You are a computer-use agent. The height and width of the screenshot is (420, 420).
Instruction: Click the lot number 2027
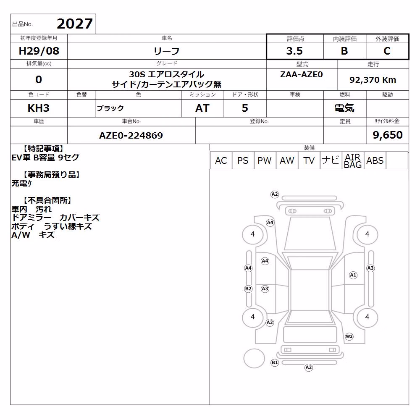point(75,24)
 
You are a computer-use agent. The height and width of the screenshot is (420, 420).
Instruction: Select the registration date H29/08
point(39,51)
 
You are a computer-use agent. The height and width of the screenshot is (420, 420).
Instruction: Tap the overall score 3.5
point(294,51)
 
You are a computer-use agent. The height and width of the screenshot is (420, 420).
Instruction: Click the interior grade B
point(344,51)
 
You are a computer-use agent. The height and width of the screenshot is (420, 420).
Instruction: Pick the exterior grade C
point(387,51)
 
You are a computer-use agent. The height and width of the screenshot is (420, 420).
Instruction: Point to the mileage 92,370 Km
point(373,80)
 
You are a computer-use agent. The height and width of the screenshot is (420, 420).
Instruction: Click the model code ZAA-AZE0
point(301,74)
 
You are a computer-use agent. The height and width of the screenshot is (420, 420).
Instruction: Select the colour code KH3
point(39,108)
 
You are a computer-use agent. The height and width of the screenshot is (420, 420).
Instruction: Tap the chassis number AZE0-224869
point(131,135)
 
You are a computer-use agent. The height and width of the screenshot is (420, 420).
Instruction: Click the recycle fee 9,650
point(388,135)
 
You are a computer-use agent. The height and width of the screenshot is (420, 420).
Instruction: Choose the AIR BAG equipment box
point(353,160)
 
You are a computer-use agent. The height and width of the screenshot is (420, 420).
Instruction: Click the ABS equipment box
point(375,160)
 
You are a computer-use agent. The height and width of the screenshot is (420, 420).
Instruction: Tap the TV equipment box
point(309,160)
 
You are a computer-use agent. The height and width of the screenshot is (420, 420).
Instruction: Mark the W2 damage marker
point(349,336)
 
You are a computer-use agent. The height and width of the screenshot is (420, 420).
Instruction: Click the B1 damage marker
point(275,363)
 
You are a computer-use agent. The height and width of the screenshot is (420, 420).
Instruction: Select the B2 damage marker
point(248,289)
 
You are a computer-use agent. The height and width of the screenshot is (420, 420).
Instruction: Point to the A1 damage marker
point(353,275)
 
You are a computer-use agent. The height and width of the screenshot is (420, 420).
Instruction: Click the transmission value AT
point(202,108)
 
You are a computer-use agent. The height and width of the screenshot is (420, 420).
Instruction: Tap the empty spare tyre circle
point(254,358)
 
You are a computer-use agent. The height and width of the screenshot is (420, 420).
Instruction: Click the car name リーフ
point(166,51)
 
